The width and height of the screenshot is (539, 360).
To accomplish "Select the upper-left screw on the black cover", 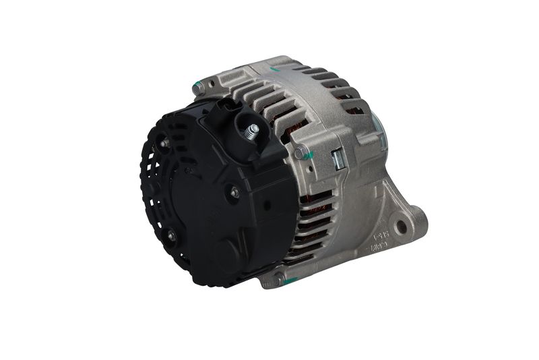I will pos(164,143).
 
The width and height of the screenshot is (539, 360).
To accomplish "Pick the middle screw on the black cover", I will pos(234,193).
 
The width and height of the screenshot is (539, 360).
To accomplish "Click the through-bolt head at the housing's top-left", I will pos(199,86).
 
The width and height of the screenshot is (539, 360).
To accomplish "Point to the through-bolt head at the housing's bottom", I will pos(278,278).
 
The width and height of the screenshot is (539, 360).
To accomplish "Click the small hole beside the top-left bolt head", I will pos(211,84).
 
